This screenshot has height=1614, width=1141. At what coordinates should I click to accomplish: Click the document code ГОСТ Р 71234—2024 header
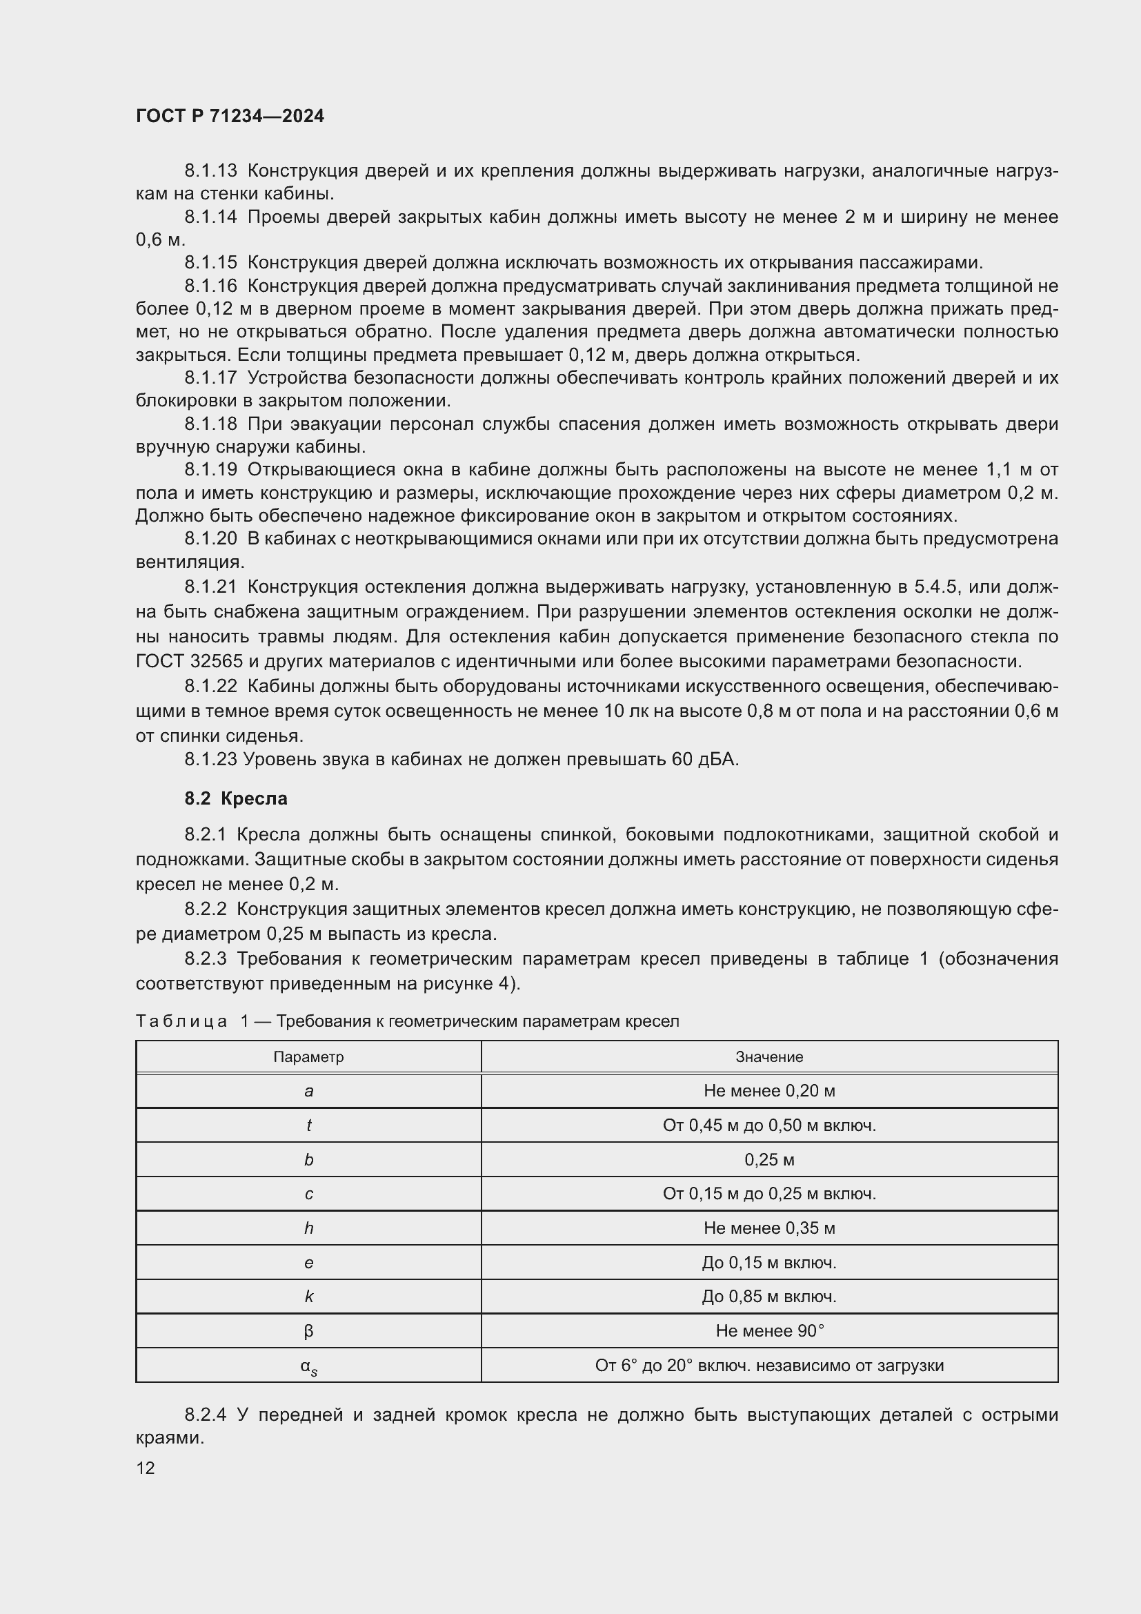[230, 116]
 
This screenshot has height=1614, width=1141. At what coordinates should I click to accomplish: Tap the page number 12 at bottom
[146, 1468]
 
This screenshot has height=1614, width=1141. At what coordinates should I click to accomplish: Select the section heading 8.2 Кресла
[236, 798]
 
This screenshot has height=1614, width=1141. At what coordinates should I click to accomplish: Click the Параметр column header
[308, 1057]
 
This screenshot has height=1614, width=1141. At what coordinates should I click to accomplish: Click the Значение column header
[769, 1057]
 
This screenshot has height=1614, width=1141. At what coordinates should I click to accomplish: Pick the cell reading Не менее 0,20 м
[769, 1091]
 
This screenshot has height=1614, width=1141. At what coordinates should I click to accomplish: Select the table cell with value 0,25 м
[769, 1160]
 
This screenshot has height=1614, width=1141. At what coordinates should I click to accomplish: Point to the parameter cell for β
[308, 1330]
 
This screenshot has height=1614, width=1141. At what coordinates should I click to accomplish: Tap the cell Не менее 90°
[769, 1330]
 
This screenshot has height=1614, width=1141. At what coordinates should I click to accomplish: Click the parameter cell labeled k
[308, 1297]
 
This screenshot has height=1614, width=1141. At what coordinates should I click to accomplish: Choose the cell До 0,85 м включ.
[769, 1297]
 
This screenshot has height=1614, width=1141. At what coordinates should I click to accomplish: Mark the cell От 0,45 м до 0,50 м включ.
[769, 1125]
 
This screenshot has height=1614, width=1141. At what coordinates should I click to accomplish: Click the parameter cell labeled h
[308, 1228]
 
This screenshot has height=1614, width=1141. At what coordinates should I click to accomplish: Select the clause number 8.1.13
[211, 171]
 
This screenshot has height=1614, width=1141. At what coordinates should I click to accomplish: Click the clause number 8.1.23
[211, 759]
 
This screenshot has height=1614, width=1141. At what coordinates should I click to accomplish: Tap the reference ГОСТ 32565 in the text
[188, 661]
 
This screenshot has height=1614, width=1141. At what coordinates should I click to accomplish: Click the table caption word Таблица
[181, 1021]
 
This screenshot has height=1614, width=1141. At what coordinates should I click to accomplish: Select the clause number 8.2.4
[205, 1415]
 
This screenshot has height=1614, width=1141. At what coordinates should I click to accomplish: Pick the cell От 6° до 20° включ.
[769, 1365]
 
